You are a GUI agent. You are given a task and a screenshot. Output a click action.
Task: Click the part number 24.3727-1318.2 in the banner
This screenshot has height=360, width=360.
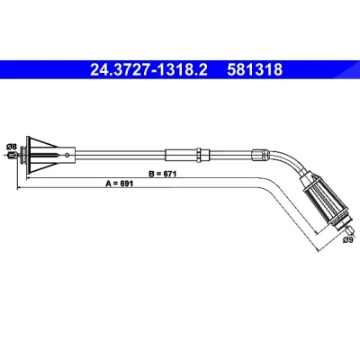click(x=148, y=70)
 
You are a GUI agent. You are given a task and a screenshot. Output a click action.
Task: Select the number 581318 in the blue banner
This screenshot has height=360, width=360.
click(x=255, y=70)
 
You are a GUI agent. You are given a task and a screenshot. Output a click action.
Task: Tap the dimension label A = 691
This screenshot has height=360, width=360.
click(x=119, y=184)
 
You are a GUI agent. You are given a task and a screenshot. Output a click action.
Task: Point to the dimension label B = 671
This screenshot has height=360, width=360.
click(x=163, y=174)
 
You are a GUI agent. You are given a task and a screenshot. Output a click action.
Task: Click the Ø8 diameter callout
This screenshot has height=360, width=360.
click(x=11, y=147)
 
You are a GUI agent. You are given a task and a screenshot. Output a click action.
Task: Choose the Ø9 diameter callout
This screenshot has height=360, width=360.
click(x=347, y=239)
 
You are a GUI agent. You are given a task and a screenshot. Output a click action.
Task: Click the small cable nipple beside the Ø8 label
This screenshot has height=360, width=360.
click(x=12, y=156)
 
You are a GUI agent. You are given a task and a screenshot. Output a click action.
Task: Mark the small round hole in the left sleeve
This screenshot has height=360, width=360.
click(x=67, y=155)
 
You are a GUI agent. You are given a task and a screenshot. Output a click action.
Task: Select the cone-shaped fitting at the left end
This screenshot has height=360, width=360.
click(x=42, y=155)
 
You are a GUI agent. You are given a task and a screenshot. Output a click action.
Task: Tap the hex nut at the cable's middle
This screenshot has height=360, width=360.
click(x=199, y=155)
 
